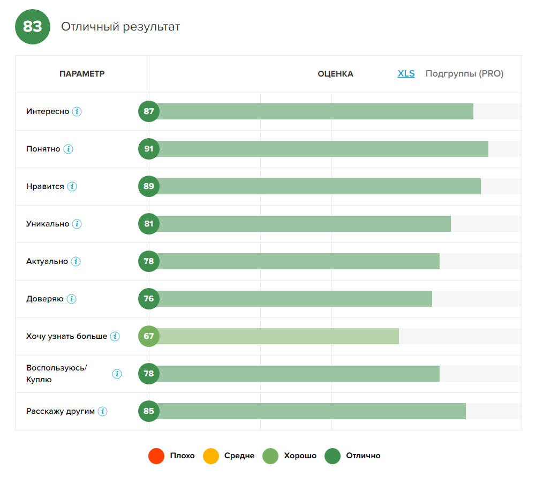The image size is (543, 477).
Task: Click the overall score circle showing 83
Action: pos(33,27)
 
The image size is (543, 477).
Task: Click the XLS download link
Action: pos(406,74)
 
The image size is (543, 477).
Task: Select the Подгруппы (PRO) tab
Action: pos(464,74)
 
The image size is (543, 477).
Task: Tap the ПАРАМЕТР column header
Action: pos(82,74)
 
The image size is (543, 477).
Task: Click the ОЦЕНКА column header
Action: pos(335,74)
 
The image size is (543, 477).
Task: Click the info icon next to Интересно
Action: pos(77,111)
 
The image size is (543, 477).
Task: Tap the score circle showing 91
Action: pos(149,149)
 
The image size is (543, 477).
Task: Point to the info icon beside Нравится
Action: pos(72,186)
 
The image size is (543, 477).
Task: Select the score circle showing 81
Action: pos(149,224)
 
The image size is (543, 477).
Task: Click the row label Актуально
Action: pos(47,261)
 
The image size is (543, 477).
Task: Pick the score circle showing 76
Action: pos(149,299)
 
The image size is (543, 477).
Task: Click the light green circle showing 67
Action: pos(149,336)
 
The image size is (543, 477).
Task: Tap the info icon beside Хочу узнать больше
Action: pos(115,336)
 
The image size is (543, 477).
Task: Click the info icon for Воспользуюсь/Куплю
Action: pos(117,374)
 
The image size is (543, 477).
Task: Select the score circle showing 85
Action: pos(149,411)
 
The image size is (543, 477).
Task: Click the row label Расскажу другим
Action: pos(61,411)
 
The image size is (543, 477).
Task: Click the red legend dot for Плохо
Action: pos(156,456)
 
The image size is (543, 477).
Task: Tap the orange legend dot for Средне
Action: pos(211,456)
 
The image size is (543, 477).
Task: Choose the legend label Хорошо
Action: pos(300,456)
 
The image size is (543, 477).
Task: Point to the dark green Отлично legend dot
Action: pos(333,456)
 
